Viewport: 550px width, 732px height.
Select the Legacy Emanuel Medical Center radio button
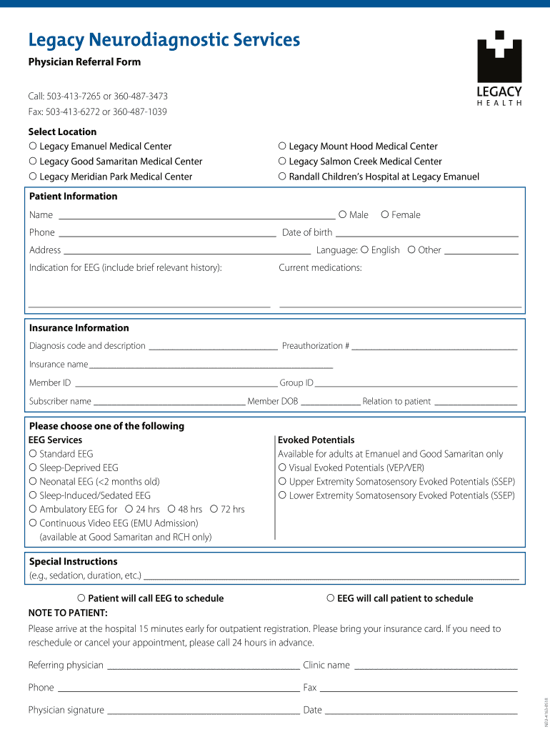pos(33,147)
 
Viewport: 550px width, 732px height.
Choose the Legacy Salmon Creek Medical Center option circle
pos(282,162)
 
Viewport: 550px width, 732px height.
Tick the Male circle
pos(343,214)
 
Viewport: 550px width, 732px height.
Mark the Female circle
pos(385,214)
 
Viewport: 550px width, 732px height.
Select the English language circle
pos(365,250)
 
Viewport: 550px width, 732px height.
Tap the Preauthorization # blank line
pos(434,347)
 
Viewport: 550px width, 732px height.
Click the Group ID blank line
pos(416,385)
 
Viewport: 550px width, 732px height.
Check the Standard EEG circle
pos(33,454)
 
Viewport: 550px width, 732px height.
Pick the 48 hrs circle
pos(171,509)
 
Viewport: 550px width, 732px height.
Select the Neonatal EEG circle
pos(33,482)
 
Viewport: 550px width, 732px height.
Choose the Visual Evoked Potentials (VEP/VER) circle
pos(282,468)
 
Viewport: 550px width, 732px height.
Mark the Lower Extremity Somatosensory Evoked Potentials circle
pos(282,495)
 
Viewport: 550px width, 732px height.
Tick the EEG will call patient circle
pos(331,598)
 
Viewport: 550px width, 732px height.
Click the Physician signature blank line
pos(203,712)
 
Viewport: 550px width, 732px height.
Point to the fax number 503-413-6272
pos(72,112)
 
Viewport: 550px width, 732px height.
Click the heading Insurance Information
pos(79,328)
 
